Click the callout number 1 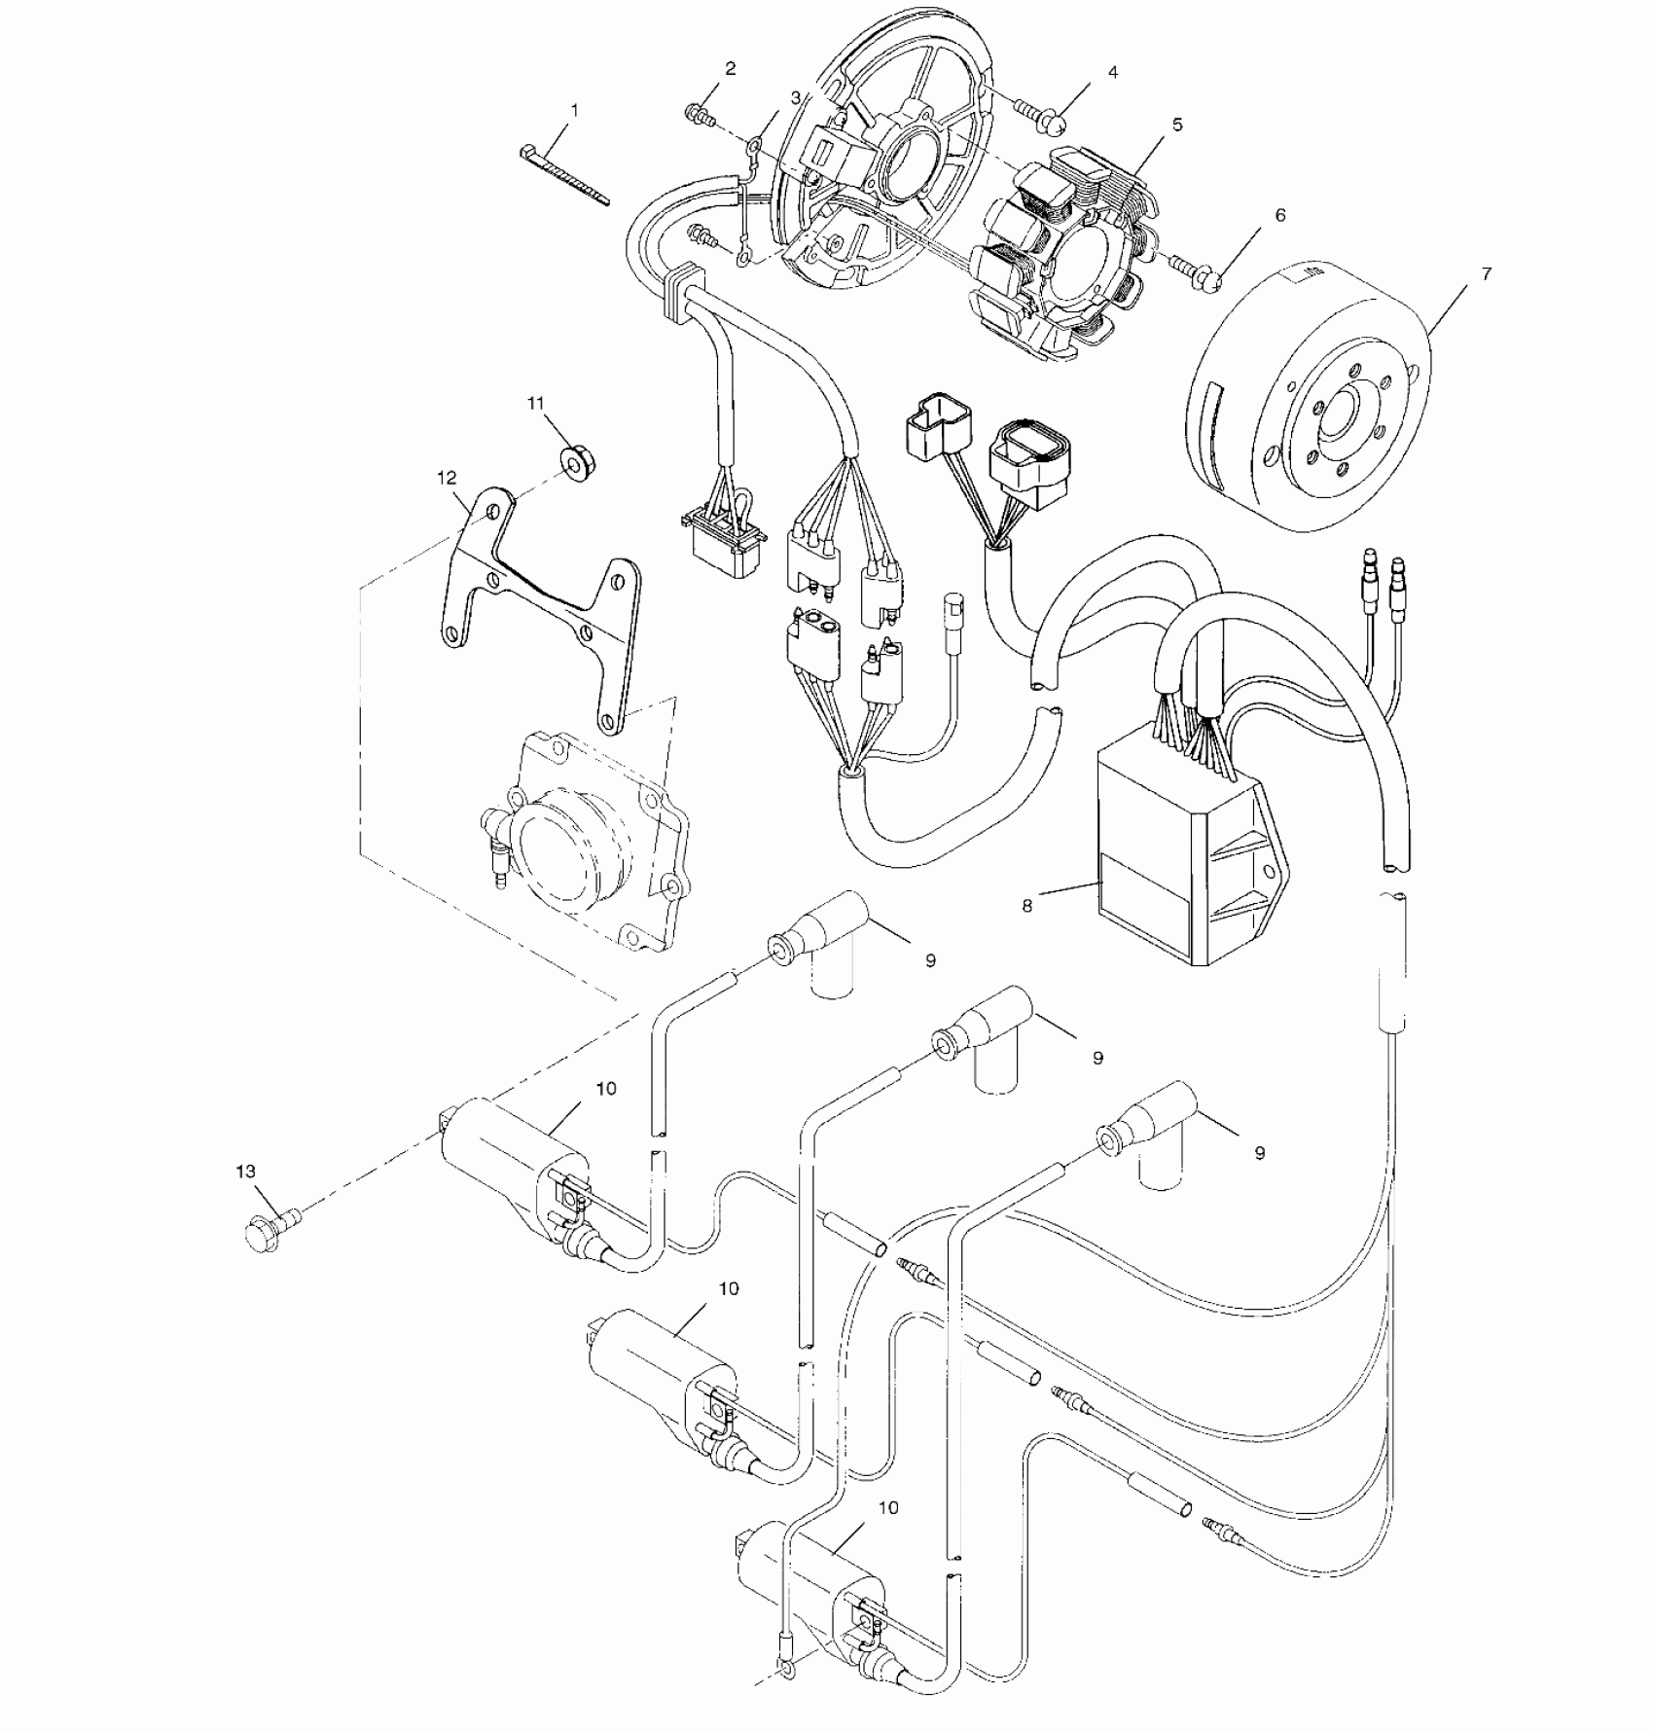pos(573,111)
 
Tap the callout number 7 pos(1486,275)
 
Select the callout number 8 pos(1026,906)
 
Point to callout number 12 pos(447,478)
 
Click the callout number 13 pos(246,1173)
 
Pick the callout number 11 pos(536,403)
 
